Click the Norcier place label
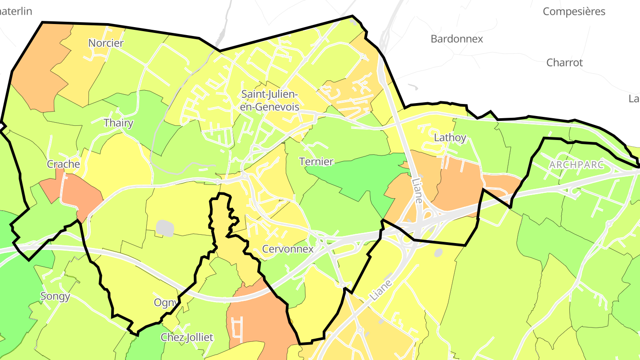[106, 43]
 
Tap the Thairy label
[118, 123]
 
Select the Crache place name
[64, 164]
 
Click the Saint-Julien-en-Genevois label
[270, 100]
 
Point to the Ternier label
[316, 161]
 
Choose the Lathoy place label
[450, 137]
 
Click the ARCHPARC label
[576, 164]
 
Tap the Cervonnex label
[288, 249]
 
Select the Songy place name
[55, 296]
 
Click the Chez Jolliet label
[187, 337]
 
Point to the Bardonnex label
[456, 39]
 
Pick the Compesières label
[574, 11]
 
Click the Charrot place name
[564, 62]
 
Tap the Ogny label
[166, 303]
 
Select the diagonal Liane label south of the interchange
[381, 289]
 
